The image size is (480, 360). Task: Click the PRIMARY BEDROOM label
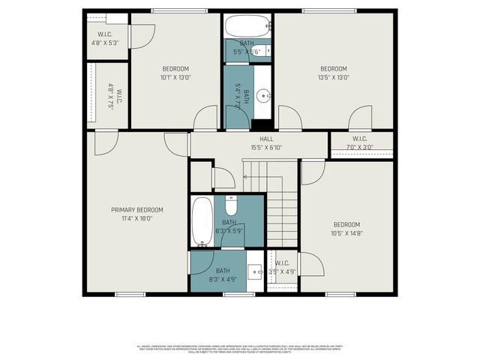(x=137, y=210)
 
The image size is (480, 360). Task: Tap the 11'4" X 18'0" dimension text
(x=137, y=218)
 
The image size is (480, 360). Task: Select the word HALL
(x=266, y=139)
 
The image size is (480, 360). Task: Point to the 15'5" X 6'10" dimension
(x=266, y=148)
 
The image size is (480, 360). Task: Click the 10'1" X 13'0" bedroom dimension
(x=175, y=76)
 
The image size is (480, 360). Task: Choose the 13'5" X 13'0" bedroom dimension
(x=334, y=76)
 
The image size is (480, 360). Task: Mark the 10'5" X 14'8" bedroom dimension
(x=346, y=233)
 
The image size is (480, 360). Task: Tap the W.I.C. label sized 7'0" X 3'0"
(x=359, y=139)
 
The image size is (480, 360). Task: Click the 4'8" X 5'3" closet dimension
(x=104, y=43)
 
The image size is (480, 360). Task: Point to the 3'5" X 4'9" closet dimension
(x=282, y=271)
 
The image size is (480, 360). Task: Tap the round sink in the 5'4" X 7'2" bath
(x=263, y=96)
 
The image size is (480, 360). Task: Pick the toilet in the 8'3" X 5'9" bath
(x=231, y=205)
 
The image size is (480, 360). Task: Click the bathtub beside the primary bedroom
(x=202, y=220)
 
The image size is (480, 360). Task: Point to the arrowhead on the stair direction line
(x=245, y=177)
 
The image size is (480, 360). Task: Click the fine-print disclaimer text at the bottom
(x=240, y=349)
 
